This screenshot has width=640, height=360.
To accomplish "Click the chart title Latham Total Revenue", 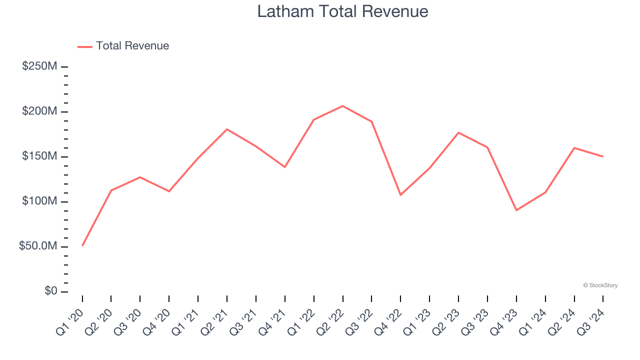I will [342, 11].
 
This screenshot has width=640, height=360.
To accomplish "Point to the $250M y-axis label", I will [39, 66].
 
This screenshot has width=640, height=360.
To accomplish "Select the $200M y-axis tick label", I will [39, 111].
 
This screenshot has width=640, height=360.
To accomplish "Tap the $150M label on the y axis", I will [39, 156].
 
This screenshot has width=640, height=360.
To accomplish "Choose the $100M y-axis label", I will [39, 201].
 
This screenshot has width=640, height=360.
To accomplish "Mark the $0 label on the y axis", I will [50, 291].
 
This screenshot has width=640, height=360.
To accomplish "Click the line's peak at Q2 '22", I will [342, 106].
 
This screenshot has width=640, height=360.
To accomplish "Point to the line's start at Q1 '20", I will [82, 245].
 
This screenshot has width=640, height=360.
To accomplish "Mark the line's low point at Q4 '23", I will [516, 210].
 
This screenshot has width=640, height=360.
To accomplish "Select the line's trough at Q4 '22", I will [400, 195].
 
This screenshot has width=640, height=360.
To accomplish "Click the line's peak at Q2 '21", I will [227, 129].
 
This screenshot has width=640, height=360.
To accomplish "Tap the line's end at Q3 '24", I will [602, 156].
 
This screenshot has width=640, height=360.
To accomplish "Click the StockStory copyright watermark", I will [600, 285].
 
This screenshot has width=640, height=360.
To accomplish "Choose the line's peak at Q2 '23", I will [458, 132].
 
